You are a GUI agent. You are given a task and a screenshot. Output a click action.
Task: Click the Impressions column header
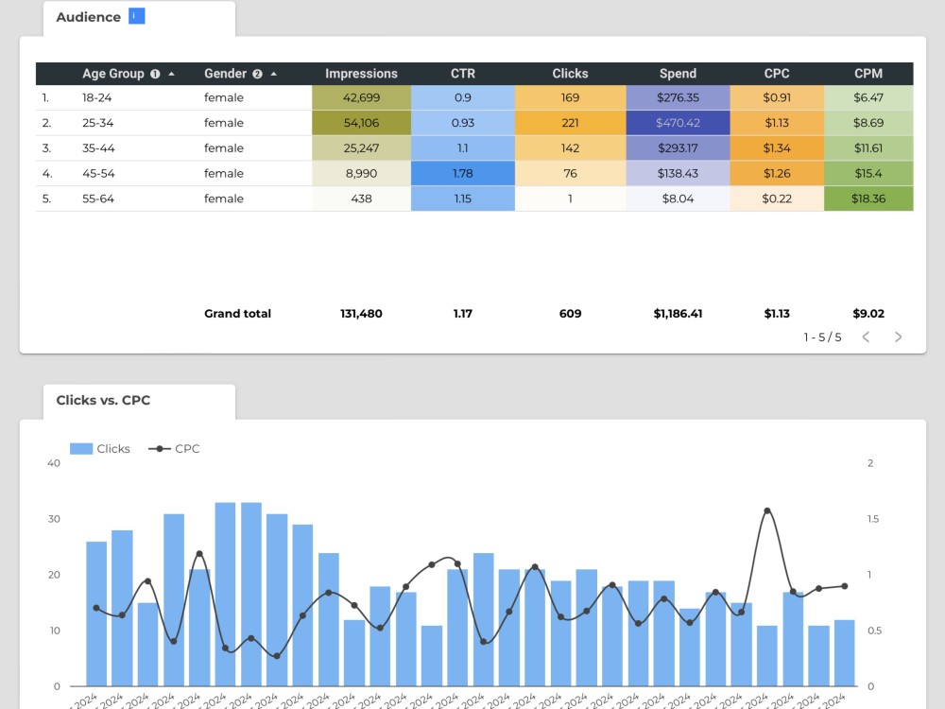(361, 74)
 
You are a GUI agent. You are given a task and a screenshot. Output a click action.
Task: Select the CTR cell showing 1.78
(463, 173)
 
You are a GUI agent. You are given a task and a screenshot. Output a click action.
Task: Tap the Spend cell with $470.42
(678, 123)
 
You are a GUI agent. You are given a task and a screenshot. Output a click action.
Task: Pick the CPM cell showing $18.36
(868, 199)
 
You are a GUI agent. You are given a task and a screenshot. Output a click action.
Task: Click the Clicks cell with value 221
(570, 123)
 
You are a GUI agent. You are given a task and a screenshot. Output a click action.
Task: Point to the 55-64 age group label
(97, 199)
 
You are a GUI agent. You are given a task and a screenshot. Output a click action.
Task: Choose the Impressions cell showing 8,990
(361, 173)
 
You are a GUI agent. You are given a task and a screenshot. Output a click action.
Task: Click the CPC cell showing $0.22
(776, 199)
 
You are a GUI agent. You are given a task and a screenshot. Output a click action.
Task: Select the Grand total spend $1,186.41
(678, 314)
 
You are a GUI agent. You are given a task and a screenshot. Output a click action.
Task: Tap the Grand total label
(237, 314)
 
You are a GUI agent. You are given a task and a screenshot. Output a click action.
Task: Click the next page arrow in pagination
(898, 337)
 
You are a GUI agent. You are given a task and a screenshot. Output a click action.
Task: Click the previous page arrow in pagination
(866, 337)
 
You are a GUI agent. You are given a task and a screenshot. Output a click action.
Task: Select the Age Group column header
(113, 74)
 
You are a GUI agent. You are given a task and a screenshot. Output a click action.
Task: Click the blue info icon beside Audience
(137, 16)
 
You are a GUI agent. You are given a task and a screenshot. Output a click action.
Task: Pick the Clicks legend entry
(101, 449)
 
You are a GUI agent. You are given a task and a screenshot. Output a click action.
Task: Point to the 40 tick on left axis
(53, 463)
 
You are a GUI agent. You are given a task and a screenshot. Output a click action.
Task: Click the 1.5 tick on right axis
(874, 519)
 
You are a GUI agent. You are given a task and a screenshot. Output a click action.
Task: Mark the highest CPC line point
(766, 510)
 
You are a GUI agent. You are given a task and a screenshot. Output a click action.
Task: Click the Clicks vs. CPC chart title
(103, 400)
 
